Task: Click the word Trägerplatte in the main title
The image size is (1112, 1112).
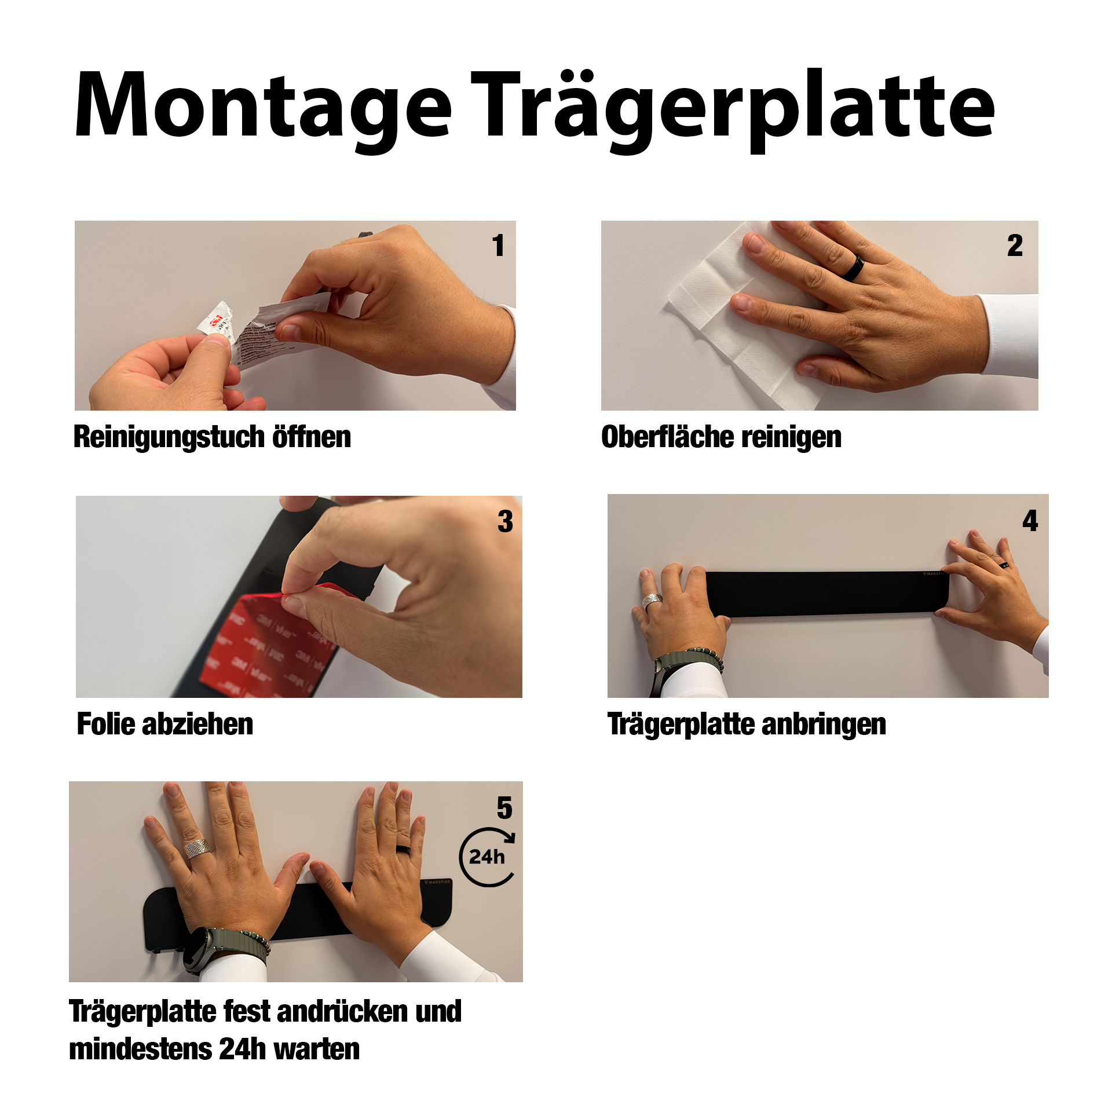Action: (733, 110)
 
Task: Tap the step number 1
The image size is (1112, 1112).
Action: (499, 245)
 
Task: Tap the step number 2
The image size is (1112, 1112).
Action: (1015, 245)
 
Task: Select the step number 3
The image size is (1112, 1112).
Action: (505, 521)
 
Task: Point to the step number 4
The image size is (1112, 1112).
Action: (1030, 520)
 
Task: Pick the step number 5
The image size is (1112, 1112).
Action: (504, 807)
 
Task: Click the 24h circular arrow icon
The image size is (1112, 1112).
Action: (488, 857)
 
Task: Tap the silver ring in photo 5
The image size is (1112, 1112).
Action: (196, 848)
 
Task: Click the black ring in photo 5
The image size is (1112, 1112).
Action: (403, 849)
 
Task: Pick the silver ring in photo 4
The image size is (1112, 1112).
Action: (652, 601)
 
